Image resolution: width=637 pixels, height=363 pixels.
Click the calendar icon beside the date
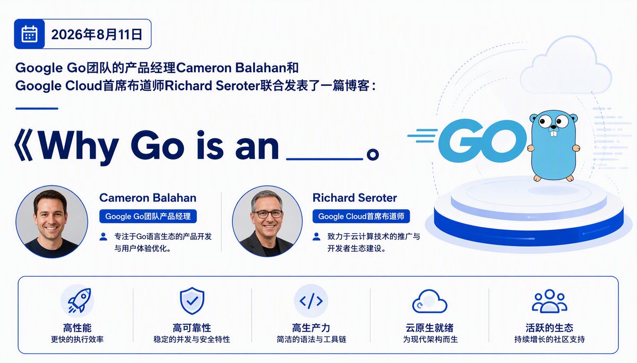[30, 34]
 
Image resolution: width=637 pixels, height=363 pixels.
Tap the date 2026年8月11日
[97, 34]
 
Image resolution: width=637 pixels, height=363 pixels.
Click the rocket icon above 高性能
[79, 300]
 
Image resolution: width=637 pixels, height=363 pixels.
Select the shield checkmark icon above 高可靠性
[192, 300]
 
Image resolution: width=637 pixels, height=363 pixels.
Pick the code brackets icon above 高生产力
[311, 301]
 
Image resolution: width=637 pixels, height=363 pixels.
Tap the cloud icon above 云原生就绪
[429, 301]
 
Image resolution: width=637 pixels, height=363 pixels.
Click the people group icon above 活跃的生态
[549, 301]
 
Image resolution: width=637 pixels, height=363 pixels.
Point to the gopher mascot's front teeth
[553, 133]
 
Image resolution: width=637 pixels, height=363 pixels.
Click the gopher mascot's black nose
[553, 127]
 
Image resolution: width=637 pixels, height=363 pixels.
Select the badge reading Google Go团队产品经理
[148, 216]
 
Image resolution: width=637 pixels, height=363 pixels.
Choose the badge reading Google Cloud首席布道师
[361, 216]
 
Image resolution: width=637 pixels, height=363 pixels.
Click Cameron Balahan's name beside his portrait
[148, 198]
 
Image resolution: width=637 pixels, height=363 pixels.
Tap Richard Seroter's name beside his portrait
[355, 198]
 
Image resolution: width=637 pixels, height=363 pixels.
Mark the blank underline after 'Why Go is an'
[324, 159]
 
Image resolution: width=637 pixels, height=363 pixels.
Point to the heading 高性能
[78, 328]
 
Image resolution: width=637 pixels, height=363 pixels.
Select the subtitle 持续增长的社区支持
[549, 339]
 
